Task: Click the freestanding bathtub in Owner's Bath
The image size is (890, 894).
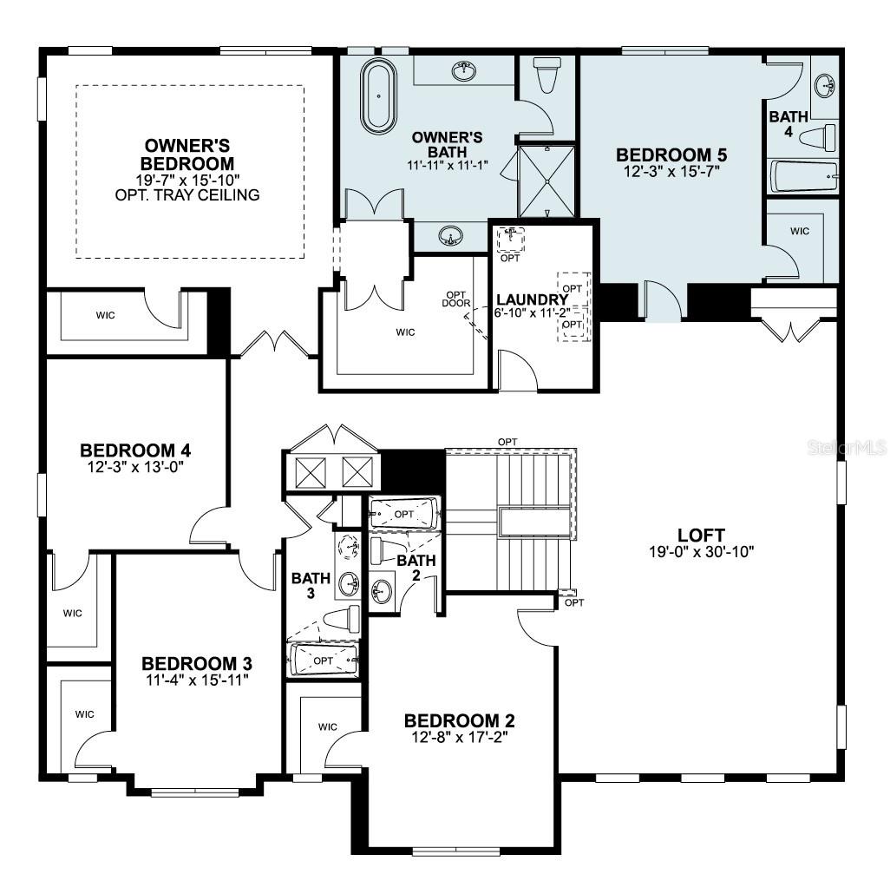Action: coord(379,96)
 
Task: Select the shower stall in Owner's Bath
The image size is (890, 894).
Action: coord(546,181)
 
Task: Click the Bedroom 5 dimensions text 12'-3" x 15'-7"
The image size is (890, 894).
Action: coord(671,171)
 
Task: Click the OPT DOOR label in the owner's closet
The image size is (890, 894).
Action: coord(456,299)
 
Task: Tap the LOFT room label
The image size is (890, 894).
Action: coord(700,536)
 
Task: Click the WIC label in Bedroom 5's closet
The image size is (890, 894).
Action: coord(800,231)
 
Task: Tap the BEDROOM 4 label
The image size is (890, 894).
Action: coord(135,450)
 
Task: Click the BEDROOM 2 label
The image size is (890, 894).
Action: coord(460,720)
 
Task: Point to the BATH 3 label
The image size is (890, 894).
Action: coord(306,585)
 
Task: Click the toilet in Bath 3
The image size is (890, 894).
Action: coord(341,618)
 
